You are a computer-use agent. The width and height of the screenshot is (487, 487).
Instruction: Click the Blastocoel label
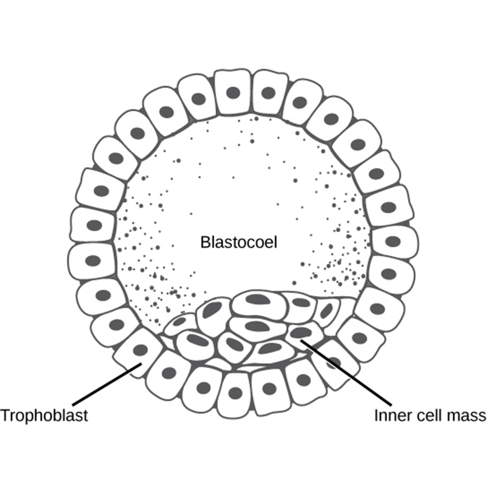click(x=238, y=242)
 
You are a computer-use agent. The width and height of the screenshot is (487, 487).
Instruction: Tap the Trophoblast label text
click(x=44, y=415)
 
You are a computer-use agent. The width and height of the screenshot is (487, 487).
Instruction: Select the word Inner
click(x=390, y=415)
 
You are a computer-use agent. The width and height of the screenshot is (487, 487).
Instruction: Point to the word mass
click(x=467, y=415)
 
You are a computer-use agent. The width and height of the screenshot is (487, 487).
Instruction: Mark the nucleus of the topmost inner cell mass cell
click(x=259, y=299)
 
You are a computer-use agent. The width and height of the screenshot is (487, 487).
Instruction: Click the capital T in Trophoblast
click(x=4, y=415)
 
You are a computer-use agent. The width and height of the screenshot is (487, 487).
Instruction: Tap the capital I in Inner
click(x=376, y=415)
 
